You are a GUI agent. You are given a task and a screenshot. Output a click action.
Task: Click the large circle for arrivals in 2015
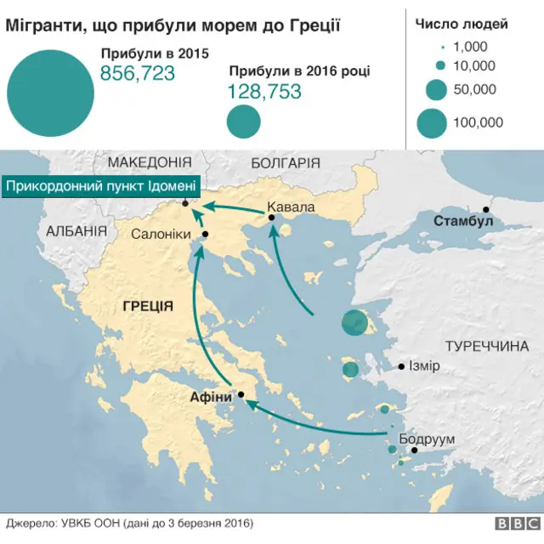(49, 89)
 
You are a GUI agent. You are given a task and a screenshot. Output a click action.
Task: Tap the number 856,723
(138, 74)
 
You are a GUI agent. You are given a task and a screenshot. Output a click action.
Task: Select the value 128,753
(264, 92)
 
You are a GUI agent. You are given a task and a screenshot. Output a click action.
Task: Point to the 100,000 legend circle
(432, 123)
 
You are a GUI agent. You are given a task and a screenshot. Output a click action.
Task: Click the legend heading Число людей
(462, 24)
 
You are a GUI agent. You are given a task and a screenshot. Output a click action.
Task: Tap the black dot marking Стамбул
(487, 209)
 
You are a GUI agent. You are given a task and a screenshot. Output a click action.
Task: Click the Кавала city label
(291, 207)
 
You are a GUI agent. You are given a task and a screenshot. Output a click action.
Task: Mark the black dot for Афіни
(242, 394)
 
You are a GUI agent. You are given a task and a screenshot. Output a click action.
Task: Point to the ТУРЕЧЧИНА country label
(486, 347)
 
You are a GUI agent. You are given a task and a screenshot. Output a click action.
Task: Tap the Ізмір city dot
(402, 367)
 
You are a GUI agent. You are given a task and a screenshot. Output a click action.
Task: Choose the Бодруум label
(427, 439)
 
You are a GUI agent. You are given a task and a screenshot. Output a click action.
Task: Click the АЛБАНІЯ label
(76, 231)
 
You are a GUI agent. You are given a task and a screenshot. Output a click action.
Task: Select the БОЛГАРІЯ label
(286, 162)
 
